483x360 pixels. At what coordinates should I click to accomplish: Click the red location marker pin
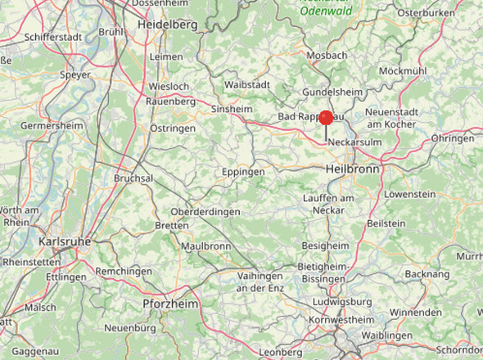[326, 119]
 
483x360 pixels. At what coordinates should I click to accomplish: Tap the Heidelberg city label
[167, 25]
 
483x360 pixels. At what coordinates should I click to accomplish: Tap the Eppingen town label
[243, 173]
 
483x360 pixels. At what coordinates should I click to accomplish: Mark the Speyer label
[75, 74]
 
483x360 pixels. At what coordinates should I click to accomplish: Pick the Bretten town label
[171, 225]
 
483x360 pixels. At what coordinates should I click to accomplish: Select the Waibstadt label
[247, 84]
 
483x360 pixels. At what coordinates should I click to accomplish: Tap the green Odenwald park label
[327, 11]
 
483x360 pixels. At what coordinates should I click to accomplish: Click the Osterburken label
[425, 13]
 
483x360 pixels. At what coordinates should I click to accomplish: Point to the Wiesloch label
[169, 87]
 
